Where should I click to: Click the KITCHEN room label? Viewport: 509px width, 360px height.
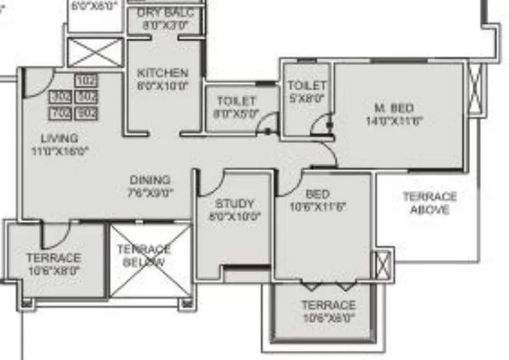click(162, 73)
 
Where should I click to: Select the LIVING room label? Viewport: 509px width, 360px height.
click(59, 138)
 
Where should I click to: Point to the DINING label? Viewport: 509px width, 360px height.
click(149, 180)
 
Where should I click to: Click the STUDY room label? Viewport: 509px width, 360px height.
click(234, 204)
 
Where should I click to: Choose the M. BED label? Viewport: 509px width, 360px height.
click(394, 108)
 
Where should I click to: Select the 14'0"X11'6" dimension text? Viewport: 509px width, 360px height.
click(394, 120)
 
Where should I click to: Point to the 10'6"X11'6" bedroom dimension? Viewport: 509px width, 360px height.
click(318, 207)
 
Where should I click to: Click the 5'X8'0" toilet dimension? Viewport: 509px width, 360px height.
click(307, 98)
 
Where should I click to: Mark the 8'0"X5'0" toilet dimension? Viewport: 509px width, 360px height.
click(236, 114)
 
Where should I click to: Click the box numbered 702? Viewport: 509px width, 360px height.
click(61, 112)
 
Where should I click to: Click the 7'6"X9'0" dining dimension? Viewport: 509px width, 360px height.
click(149, 192)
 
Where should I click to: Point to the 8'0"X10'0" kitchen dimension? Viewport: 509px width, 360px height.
click(162, 86)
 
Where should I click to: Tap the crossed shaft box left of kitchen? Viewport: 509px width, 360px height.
click(95, 53)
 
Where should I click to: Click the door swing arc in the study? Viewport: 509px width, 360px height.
click(207, 183)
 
